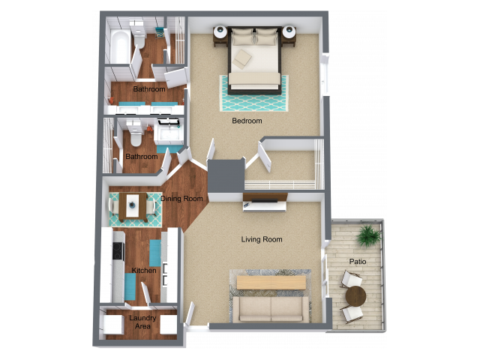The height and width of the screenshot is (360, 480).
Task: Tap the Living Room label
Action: click(x=262, y=240)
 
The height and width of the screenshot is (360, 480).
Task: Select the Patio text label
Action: click(x=358, y=262)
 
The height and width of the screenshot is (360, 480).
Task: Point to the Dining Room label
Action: click(x=181, y=199)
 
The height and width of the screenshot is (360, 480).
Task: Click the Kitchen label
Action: click(x=144, y=271)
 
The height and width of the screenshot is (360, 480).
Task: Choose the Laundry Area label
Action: click(x=142, y=322)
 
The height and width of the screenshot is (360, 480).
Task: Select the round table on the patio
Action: click(x=355, y=295)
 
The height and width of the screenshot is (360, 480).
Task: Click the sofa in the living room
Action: click(x=270, y=308)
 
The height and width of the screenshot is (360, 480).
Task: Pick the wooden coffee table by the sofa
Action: click(x=271, y=282)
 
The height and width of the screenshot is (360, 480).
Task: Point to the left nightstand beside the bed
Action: click(x=220, y=34)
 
